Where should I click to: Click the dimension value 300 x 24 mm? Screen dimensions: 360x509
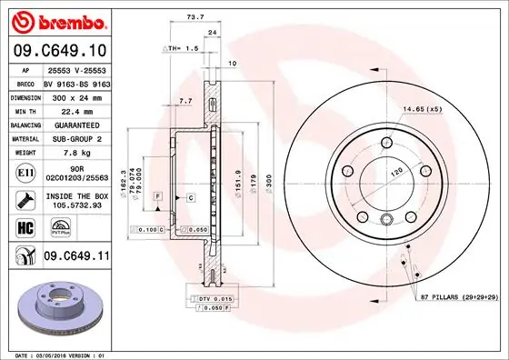point(75,95)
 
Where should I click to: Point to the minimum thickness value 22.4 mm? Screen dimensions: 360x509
point(69,109)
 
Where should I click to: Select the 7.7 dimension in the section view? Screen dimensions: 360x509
point(185,101)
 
